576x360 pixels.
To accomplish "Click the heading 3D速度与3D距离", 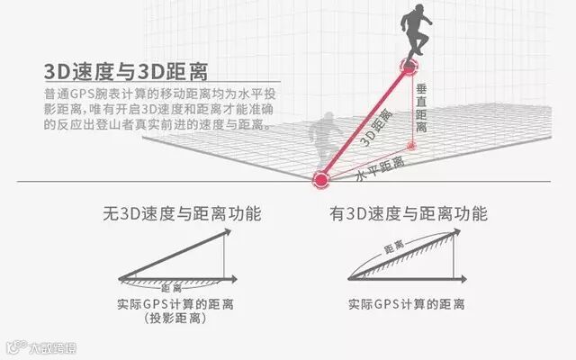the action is (x=125, y=71).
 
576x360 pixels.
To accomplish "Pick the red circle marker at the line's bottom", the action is (x=320, y=179).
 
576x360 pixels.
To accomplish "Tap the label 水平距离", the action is (x=379, y=167).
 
